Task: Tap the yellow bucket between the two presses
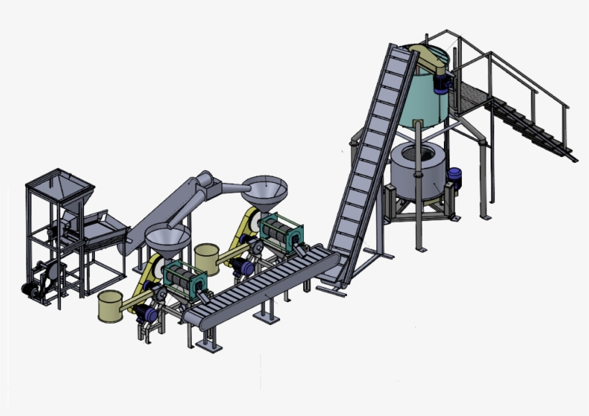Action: pyautogui.click(x=206, y=257)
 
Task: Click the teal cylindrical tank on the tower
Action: pyautogui.click(x=425, y=93)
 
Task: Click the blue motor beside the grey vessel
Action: pyautogui.click(x=455, y=177)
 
